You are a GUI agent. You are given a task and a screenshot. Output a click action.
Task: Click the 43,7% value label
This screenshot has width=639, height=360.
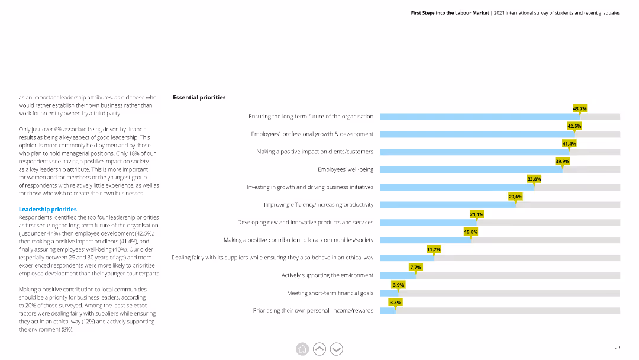tap(579, 108)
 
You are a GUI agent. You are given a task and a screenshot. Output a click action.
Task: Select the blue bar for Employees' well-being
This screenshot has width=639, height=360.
tap(472, 169)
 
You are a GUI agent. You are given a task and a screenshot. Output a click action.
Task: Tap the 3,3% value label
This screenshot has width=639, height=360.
tap(395, 302)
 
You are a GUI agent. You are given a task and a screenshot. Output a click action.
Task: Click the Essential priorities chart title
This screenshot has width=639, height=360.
tap(199, 98)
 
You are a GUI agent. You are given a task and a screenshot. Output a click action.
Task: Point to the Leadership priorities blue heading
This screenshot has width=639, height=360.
tap(48, 210)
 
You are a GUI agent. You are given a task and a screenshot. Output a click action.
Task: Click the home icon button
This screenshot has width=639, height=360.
tap(302, 349)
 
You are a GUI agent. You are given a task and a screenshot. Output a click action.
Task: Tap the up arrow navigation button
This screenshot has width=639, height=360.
tap(319, 349)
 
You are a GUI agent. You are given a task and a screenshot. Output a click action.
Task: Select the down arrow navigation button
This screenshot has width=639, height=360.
tap(337, 349)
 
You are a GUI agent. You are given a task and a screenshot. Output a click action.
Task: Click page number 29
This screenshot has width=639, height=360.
tap(617, 348)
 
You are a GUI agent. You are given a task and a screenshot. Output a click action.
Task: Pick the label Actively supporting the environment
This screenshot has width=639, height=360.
tap(327, 275)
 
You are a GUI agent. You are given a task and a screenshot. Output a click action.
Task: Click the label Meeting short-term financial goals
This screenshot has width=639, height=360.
tap(330, 292)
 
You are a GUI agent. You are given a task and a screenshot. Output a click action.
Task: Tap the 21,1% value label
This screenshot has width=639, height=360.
tap(476, 214)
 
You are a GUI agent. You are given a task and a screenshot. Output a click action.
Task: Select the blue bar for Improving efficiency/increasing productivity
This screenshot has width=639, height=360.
tap(448, 205)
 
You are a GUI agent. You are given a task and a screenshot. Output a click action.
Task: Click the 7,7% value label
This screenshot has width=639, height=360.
tap(416, 267)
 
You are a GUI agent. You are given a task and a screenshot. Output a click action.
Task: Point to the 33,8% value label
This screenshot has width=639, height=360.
tap(534, 179)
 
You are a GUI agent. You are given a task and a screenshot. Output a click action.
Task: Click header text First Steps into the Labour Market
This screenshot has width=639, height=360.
tap(450, 13)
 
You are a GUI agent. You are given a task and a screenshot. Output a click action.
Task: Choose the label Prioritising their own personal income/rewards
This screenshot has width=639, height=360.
tap(313, 311)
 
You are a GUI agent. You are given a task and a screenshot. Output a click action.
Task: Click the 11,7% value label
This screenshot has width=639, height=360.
tap(434, 249)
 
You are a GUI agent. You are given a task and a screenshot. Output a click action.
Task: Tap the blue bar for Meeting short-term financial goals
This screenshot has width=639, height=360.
tap(389, 292)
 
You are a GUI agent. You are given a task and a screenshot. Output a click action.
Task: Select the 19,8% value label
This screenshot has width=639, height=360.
tap(471, 232)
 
